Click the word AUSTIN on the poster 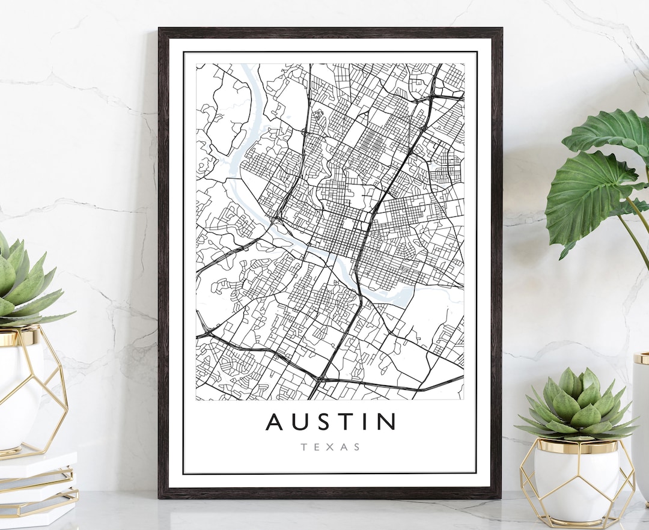coord(331,421)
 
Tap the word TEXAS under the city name coord(331,447)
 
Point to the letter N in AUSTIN coord(385,421)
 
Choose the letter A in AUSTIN coord(276,421)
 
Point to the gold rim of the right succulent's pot coord(577,446)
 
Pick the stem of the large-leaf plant coord(637,234)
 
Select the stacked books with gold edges coord(36,487)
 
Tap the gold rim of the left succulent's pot coord(18,337)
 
